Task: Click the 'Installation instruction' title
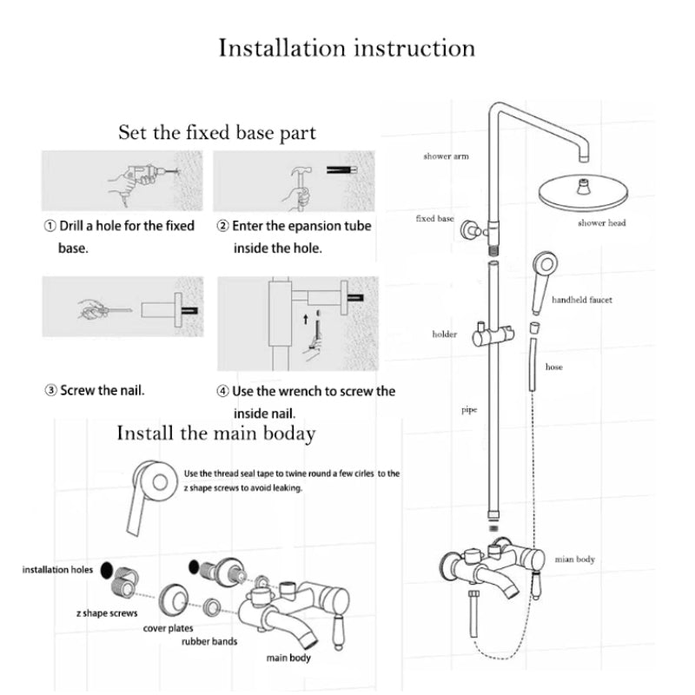click(x=347, y=48)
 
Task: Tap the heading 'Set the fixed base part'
click(x=217, y=133)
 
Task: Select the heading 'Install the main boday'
click(x=215, y=433)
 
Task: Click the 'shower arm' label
click(x=446, y=156)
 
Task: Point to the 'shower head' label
click(x=602, y=223)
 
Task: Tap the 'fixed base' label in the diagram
click(x=434, y=218)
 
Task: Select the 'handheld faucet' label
click(x=582, y=300)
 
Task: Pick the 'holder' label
click(x=445, y=334)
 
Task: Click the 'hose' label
click(x=553, y=367)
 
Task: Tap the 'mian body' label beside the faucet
click(x=574, y=559)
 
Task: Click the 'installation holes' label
click(x=57, y=570)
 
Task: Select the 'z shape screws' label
click(x=107, y=612)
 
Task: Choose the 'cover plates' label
click(x=169, y=627)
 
